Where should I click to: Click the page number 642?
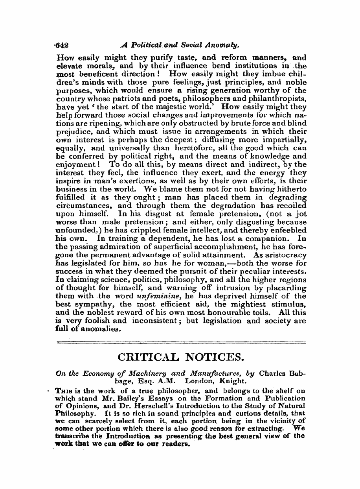coord(62,45)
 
